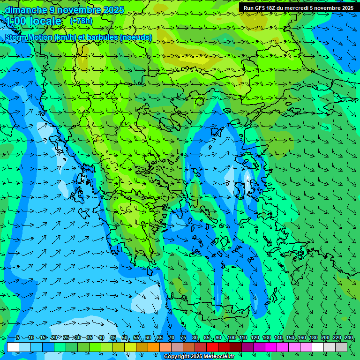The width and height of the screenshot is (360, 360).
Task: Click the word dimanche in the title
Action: pos(25,10)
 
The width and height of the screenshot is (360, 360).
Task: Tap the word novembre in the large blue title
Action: pos(75,10)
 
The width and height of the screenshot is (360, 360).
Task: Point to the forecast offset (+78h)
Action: pos(81,21)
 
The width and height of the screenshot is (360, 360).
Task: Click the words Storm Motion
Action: pos(28,37)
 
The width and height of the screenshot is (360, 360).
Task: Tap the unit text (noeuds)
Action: pos(136,37)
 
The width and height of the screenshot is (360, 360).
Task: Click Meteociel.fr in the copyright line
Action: pos(217,357)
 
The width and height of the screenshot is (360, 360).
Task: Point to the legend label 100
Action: pos(231,338)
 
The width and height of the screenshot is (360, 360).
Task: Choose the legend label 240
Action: pos(349,338)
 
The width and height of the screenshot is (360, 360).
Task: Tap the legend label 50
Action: pos(124,338)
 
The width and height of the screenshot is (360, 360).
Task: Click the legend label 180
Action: pos(313,338)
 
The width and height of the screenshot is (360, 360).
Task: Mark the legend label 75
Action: pos(183,338)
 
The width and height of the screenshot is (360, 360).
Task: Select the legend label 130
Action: pos(266,338)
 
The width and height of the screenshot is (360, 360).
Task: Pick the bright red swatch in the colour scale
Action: pos(212,347)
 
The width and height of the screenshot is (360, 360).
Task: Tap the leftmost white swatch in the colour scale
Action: pos(13,347)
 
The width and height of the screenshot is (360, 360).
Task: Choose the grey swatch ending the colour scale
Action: pos(341,347)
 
